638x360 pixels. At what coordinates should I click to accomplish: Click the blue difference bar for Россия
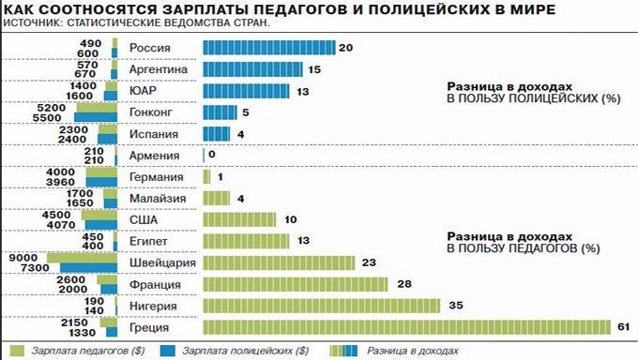pos(269,48)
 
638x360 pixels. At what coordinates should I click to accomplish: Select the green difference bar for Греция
pos(407,327)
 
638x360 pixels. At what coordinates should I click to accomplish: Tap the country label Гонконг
pos(151,112)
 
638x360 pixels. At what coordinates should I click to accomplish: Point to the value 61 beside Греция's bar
pos(623,326)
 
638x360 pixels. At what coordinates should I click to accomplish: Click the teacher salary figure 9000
pos(23,258)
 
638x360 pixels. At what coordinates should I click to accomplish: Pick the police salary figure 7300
pos(35,268)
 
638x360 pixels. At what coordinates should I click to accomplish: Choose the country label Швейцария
pos(162,263)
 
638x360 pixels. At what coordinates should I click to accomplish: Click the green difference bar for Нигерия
pos(322,306)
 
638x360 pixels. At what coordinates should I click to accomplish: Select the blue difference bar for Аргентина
pos(252,69)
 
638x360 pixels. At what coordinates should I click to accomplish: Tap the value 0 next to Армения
pos(212,155)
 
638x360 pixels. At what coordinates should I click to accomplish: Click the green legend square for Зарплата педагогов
pos(17,351)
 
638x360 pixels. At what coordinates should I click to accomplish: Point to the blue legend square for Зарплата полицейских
pos(168,351)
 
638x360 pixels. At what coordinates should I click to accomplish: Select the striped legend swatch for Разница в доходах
pos(343,351)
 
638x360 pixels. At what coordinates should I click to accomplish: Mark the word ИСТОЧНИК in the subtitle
pos(31,22)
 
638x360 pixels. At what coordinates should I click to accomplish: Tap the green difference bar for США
pos(239,219)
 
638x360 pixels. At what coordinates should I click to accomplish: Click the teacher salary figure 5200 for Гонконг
pos(52,108)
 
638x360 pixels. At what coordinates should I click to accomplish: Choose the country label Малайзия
pos(158,199)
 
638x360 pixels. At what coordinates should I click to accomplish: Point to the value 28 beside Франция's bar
pos(404,283)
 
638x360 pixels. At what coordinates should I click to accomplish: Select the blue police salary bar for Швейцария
pos(89,268)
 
